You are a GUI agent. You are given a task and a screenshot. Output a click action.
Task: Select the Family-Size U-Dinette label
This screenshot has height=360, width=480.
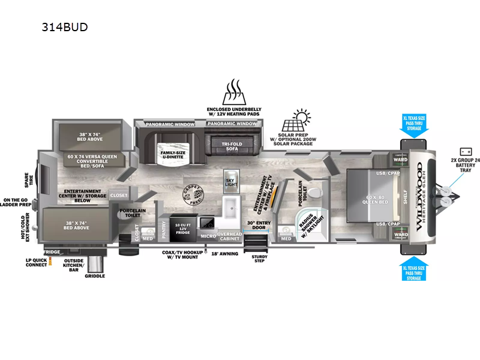tap(173, 156)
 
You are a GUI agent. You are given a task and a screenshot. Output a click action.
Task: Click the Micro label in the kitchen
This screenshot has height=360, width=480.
tap(208, 236)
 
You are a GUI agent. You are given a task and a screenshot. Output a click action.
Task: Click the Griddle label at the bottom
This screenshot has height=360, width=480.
tap(95, 276)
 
